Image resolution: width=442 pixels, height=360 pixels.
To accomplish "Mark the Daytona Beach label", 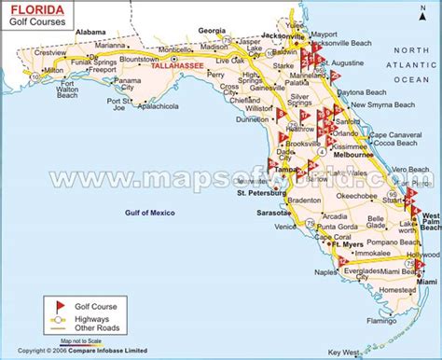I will (364, 93).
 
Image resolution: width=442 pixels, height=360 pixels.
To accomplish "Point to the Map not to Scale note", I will (82, 342).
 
